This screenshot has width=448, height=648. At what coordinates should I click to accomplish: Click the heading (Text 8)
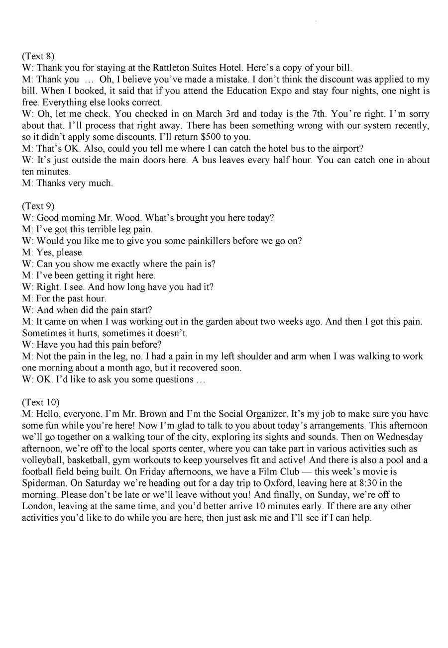coord(38,56)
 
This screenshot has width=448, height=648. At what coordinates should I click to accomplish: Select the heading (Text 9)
coord(38,205)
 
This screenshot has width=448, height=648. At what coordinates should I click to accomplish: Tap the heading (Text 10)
coord(40,402)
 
